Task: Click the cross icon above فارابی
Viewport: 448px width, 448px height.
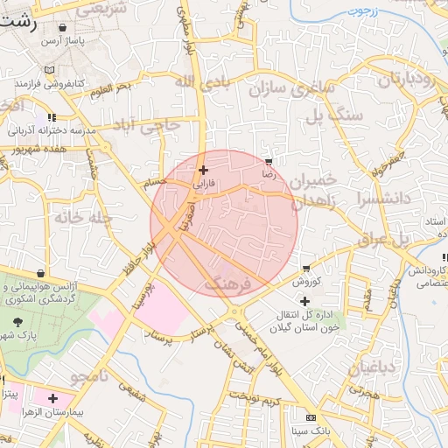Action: pyautogui.click(x=203, y=170)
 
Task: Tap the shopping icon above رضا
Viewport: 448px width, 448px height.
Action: pyautogui.click(x=269, y=162)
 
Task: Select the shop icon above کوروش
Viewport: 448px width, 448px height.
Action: pyautogui.click(x=306, y=268)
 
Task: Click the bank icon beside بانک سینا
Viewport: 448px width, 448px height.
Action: pyautogui.click(x=311, y=417)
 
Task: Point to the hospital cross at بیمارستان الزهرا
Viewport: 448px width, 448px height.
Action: pyautogui.click(x=52, y=398)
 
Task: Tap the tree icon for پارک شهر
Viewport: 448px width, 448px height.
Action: pyautogui.click(x=18, y=323)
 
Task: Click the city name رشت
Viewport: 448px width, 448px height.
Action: pyautogui.click(x=19, y=24)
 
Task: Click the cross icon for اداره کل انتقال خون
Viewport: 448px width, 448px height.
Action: pyautogui.click(x=304, y=302)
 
